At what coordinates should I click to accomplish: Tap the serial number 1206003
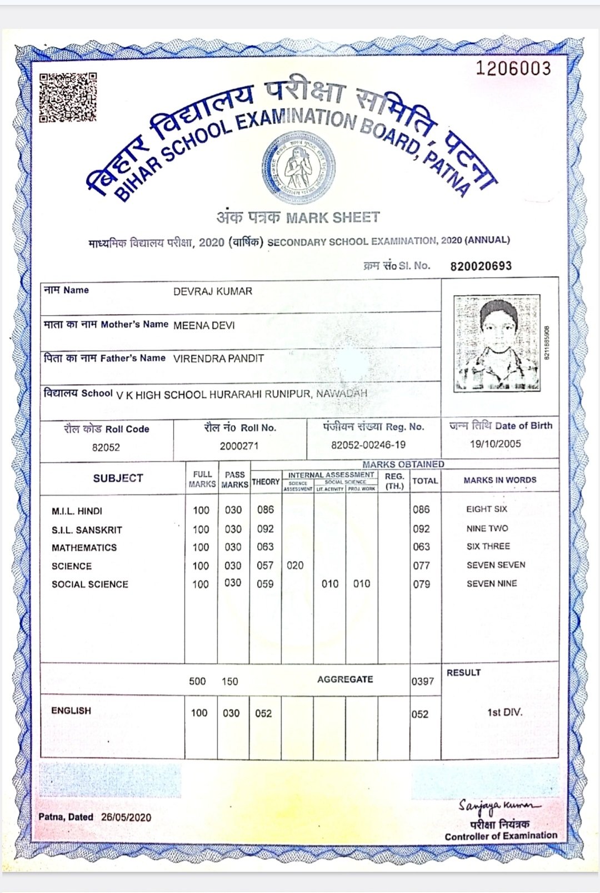pyautogui.click(x=513, y=68)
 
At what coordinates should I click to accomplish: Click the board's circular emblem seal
pyautogui.click(x=299, y=167)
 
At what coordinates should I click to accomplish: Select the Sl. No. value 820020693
pyautogui.click(x=481, y=266)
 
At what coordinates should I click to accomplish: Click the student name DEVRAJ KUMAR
pyautogui.click(x=213, y=291)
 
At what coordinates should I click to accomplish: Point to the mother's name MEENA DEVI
pyautogui.click(x=204, y=325)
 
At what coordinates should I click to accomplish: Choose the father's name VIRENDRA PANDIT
pyautogui.click(x=218, y=359)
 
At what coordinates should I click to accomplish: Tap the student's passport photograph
pyautogui.click(x=497, y=344)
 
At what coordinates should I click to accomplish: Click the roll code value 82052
pyautogui.click(x=106, y=447)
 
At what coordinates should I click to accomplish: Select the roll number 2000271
pyautogui.click(x=239, y=446)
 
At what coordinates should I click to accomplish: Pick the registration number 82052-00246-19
pyautogui.click(x=368, y=445)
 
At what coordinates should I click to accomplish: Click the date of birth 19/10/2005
pyautogui.click(x=495, y=443)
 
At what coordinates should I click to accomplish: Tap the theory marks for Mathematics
pyautogui.click(x=265, y=547)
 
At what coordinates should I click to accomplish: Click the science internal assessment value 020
pyautogui.click(x=295, y=566)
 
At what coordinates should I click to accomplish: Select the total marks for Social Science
pyautogui.click(x=421, y=584)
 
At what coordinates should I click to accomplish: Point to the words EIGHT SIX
pyautogui.click(x=487, y=509)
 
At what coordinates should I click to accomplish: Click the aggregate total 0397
pyautogui.click(x=422, y=681)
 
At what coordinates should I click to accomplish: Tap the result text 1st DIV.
pyautogui.click(x=504, y=712)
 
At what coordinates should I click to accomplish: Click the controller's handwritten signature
pyautogui.click(x=498, y=806)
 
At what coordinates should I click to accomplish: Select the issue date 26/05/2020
pyautogui.click(x=126, y=817)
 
